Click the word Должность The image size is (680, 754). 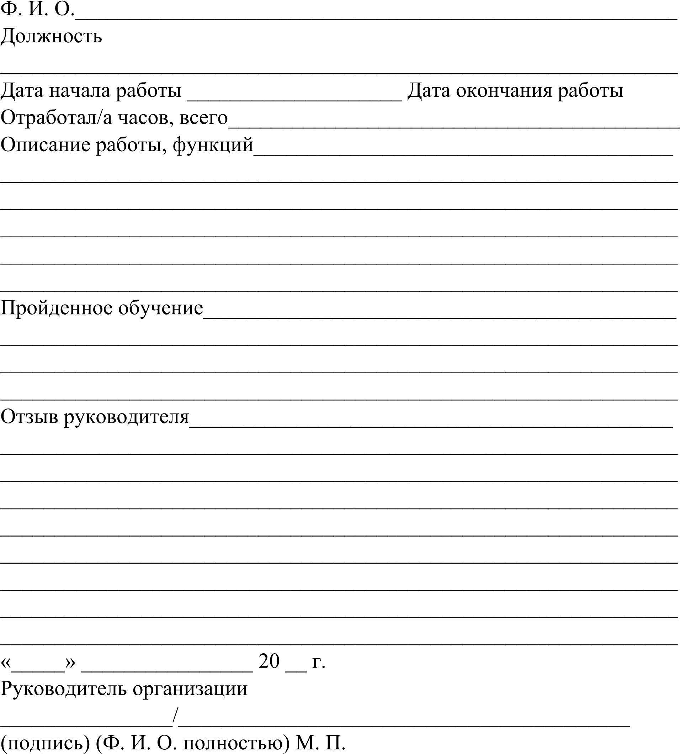[51, 37]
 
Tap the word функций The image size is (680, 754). [213, 146]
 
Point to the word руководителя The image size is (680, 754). [126, 417]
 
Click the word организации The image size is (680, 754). [190, 689]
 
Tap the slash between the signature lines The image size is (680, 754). [176, 715]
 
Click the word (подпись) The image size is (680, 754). [45, 743]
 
